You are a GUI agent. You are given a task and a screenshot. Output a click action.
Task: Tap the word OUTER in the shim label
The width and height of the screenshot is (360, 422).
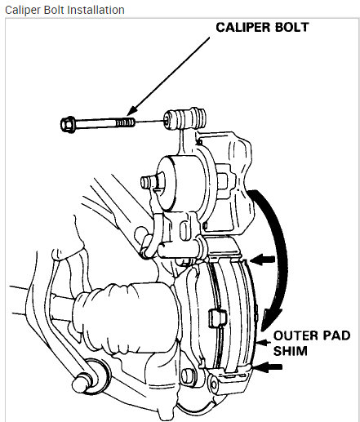coord(291,335)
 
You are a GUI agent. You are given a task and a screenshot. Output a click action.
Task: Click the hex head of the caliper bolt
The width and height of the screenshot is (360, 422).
coord(69,124)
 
